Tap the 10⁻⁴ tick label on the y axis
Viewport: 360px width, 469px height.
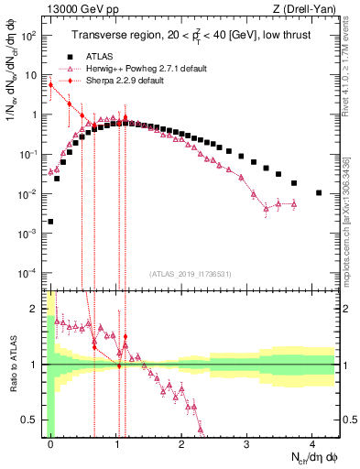(31, 273)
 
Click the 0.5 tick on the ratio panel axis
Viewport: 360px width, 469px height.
(35, 420)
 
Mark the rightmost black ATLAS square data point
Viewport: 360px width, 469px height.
(318, 192)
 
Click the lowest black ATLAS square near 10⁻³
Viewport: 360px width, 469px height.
(50, 222)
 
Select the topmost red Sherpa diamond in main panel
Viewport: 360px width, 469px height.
(50, 84)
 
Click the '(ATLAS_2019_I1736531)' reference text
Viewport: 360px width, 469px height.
(189, 273)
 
